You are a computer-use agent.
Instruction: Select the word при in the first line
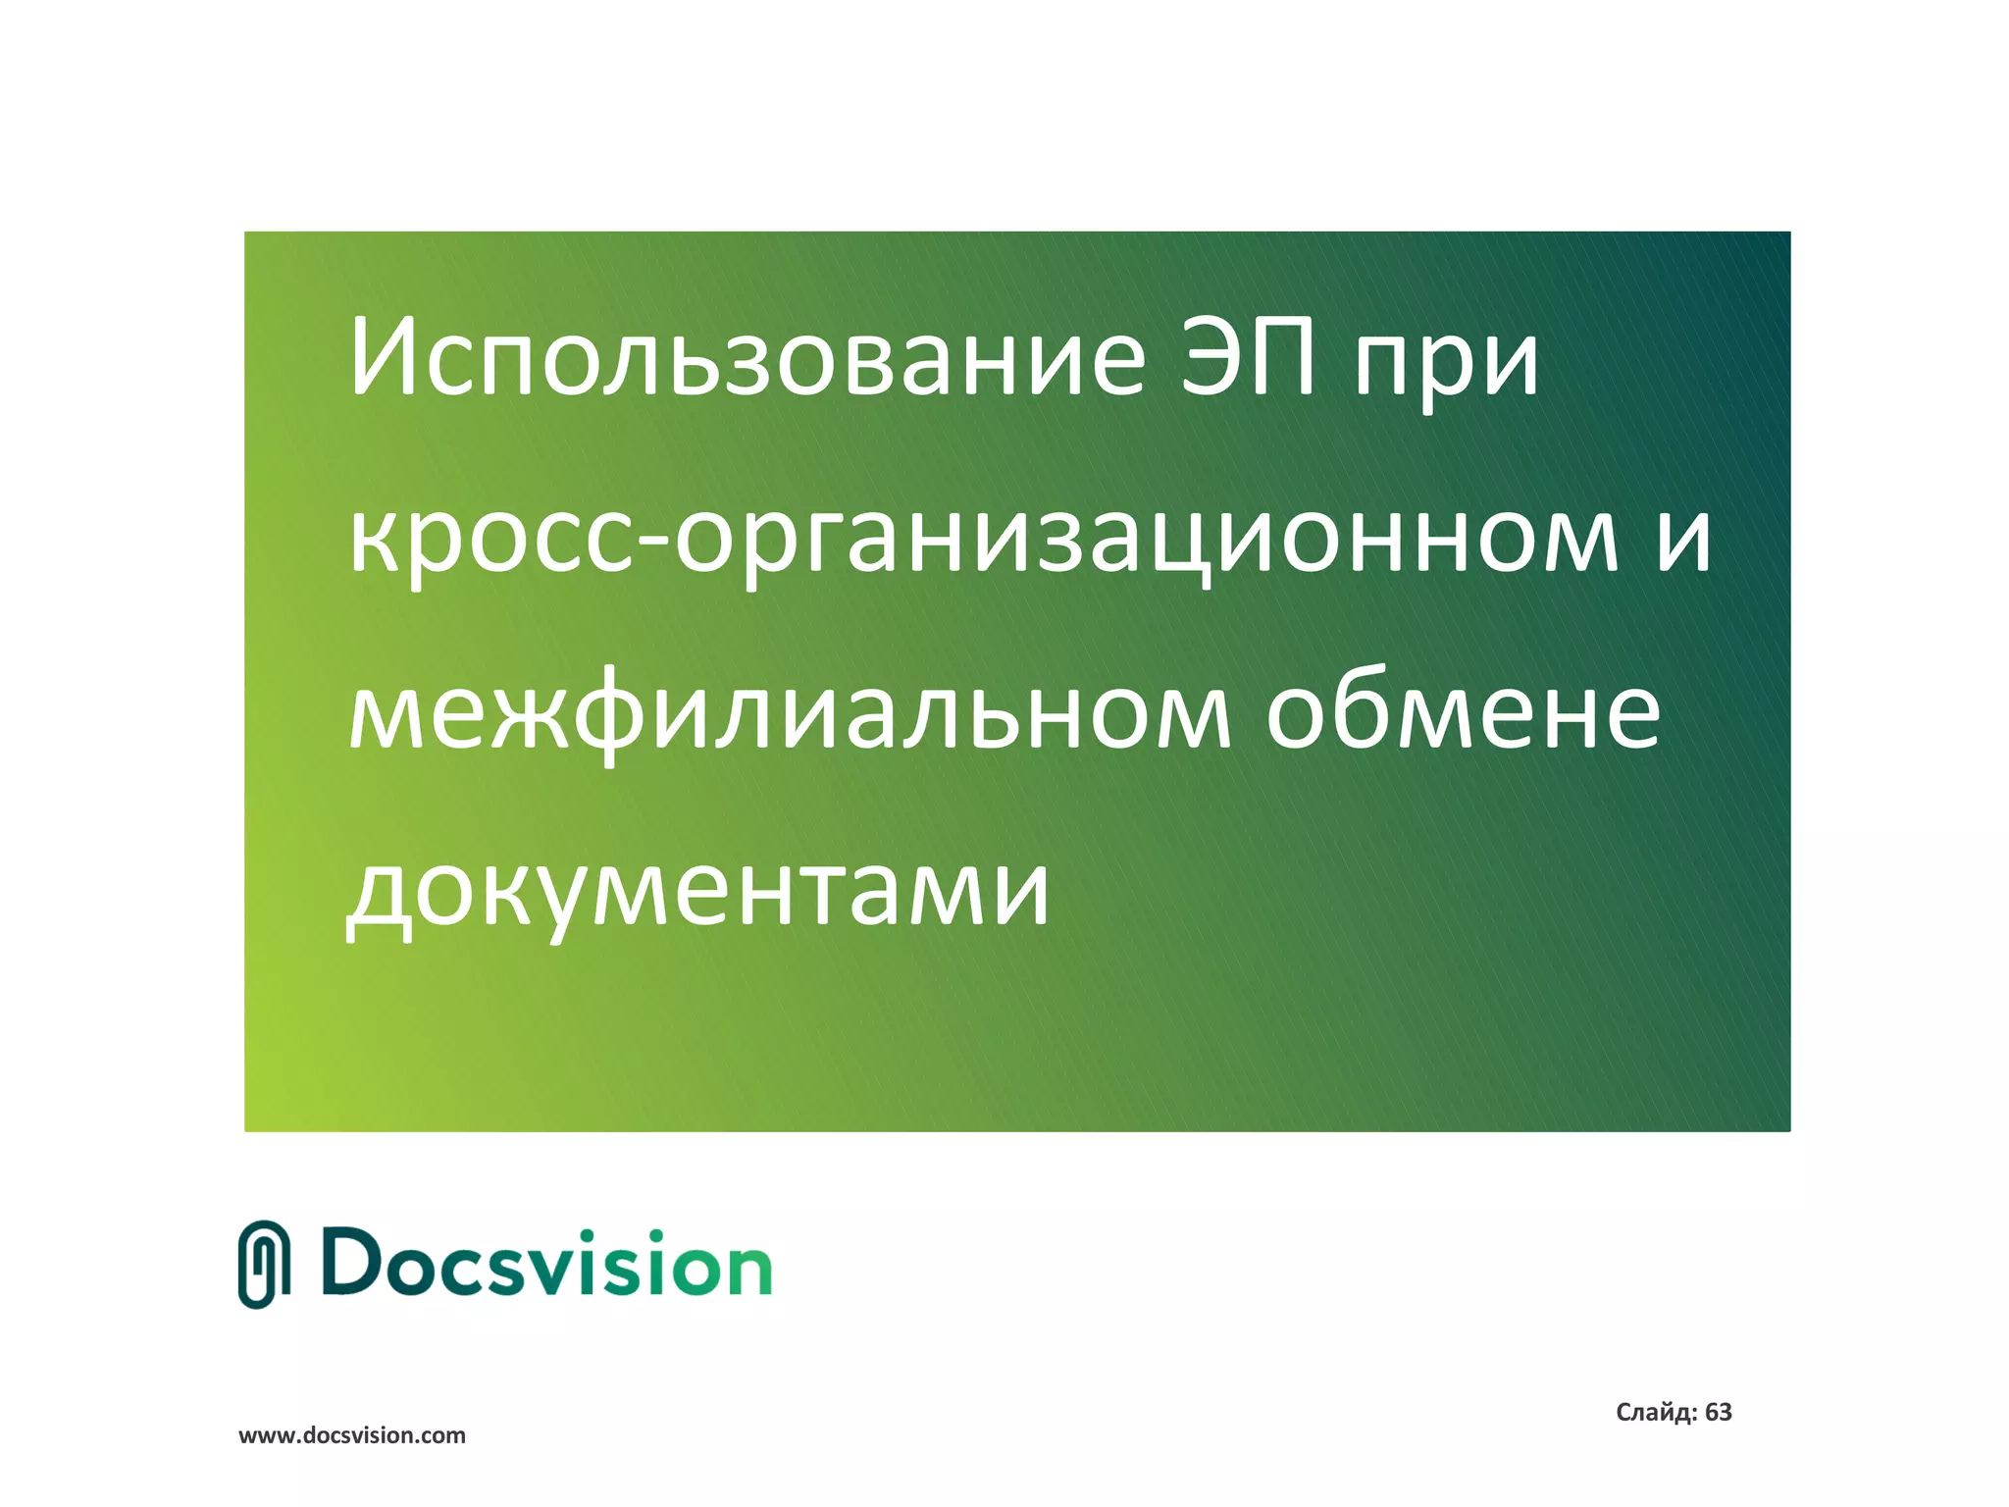[1446, 363]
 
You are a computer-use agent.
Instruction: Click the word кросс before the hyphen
[490, 540]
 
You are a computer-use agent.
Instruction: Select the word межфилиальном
[790, 713]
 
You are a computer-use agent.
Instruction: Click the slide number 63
[1718, 1413]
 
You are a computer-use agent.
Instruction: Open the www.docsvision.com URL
[352, 1435]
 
